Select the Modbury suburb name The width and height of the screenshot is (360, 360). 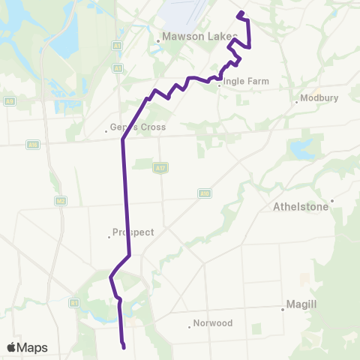[x=319, y=97]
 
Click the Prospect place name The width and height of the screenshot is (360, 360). [x=133, y=232]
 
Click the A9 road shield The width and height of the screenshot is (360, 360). [x=9, y=100]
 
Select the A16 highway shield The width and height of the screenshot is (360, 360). [x=32, y=145]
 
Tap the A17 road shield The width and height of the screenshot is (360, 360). [x=160, y=167]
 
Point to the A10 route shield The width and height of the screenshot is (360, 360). [x=204, y=193]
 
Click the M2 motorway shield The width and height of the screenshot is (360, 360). [x=61, y=200]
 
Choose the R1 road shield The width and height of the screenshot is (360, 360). [x=74, y=303]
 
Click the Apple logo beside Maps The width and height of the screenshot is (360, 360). [x=12, y=347]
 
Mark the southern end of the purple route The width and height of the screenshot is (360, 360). [x=123, y=346]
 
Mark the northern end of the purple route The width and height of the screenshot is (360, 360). [x=239, y=13]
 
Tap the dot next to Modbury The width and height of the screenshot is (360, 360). [x=297, y=103]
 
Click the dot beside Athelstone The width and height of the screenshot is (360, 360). [x=331, y=200]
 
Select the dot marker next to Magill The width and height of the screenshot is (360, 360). [x=283, y=309]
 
